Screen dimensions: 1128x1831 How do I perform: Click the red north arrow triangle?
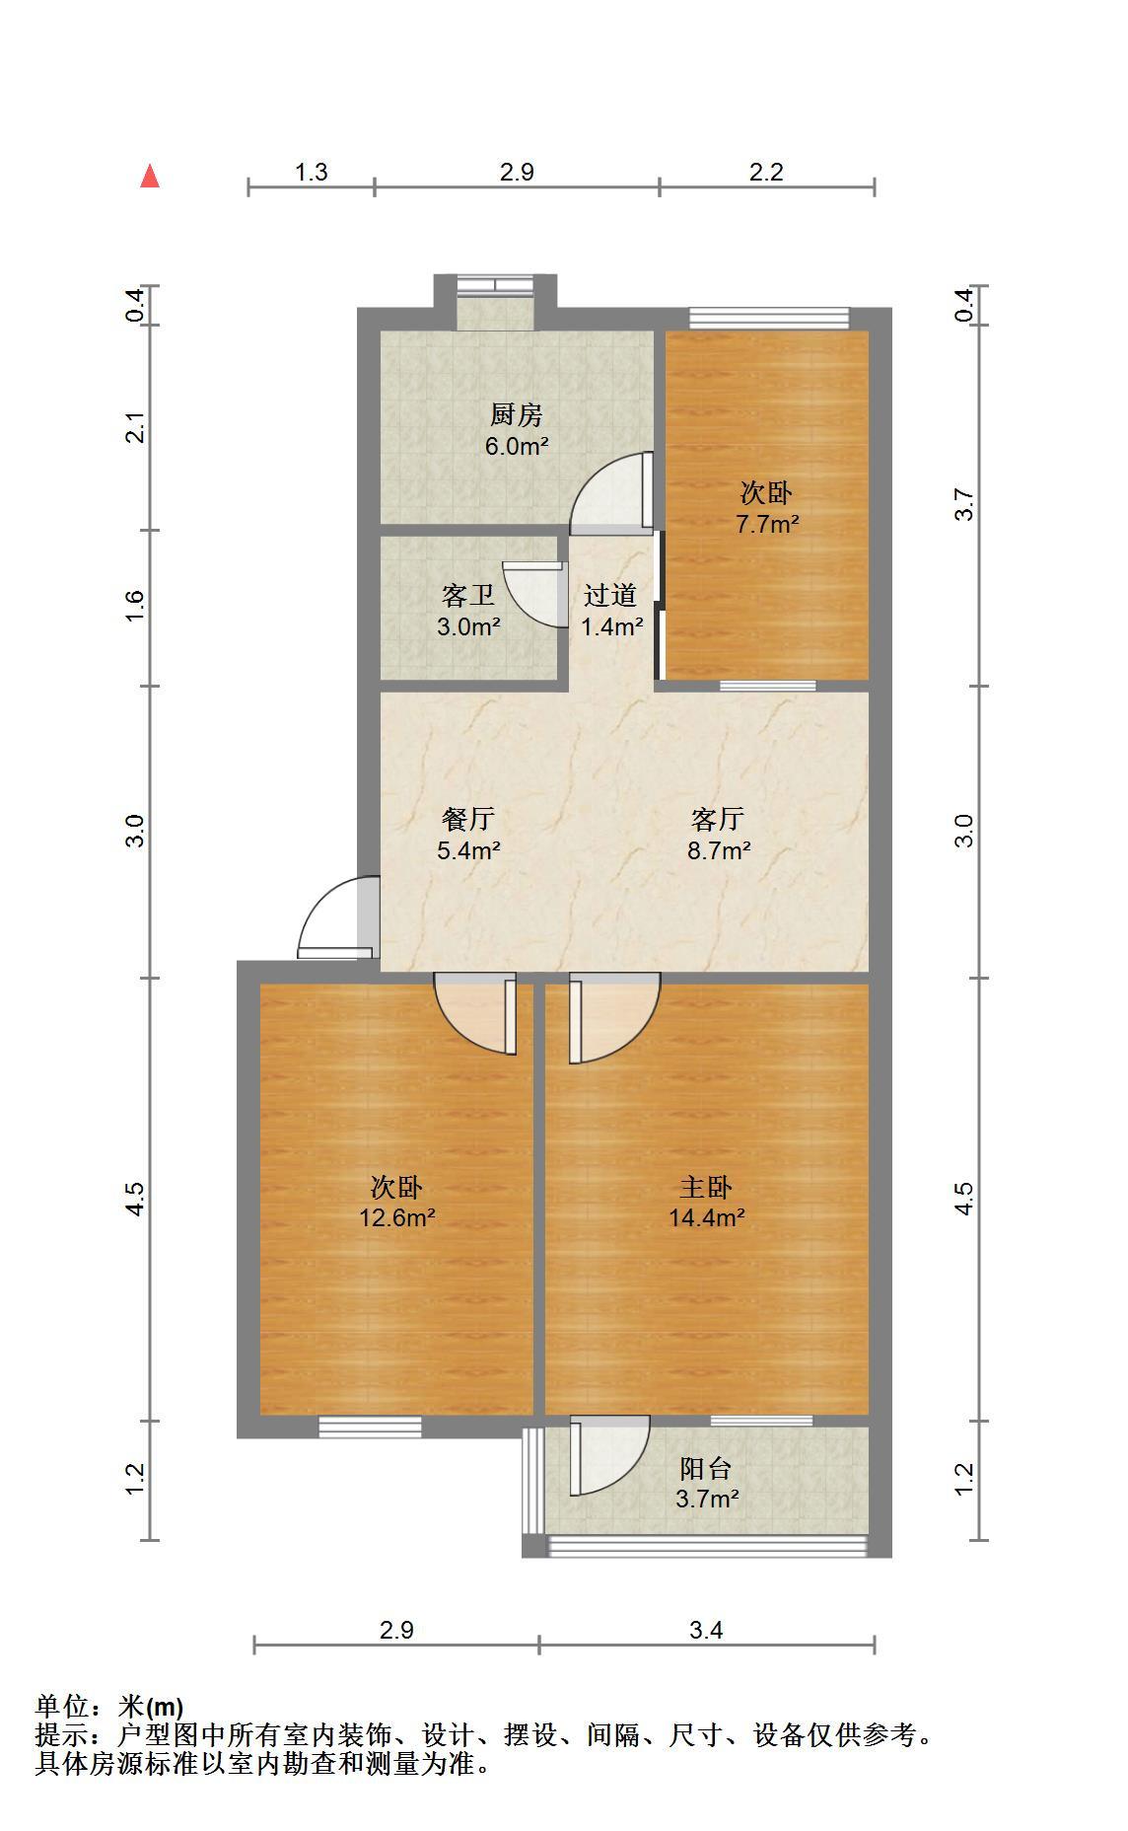[x=150, y=176]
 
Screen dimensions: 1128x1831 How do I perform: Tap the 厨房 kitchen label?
[x=517, y=414]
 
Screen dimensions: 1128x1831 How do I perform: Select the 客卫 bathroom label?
[x=468, y=595]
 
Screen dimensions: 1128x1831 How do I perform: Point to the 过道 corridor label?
[x=610, y=595]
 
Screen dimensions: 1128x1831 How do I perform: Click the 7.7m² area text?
[x=767, y=524]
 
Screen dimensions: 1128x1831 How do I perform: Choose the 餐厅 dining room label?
[x=468, y=819]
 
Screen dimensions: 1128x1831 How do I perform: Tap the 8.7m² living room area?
[x=719, y=850]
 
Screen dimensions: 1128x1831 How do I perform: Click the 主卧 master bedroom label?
[x=706, y=1187]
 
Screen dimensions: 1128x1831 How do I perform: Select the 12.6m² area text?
[x=397, y=1217]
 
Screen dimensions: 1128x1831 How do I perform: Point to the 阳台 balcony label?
[x=706, y=1469]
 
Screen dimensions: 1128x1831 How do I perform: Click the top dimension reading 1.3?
[x=312, y=172]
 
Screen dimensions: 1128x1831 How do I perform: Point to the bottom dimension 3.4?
[x=706, y=1630]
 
